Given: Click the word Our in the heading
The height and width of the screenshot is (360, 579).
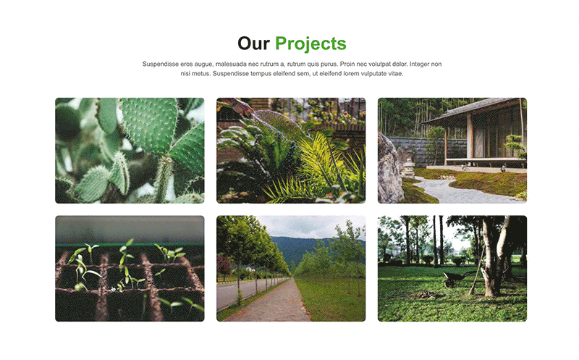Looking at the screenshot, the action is tap(253, 43).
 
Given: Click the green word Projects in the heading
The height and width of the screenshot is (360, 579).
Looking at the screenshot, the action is tap(310, 44).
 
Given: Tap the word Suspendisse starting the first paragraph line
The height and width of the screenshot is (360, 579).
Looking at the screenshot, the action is tap(161, 64).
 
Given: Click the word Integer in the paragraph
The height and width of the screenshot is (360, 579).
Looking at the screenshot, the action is tap(420, 64).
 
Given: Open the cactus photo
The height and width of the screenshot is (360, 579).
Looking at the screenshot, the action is tap(130, 151).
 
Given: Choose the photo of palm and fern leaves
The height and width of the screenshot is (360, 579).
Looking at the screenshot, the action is tap(291, 151).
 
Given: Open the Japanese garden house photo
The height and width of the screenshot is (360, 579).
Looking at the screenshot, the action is tap(452, 151).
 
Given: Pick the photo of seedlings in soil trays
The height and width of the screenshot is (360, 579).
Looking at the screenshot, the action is tap(130, 268).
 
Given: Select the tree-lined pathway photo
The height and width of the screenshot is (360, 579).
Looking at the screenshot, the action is tap(291, 268).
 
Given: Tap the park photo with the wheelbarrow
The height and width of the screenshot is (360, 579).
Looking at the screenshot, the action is tap(452, 268).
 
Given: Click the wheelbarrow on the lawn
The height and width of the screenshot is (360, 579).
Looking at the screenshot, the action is tap(454, 279).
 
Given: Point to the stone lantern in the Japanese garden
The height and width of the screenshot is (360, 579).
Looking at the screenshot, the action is tap(408, 169).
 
